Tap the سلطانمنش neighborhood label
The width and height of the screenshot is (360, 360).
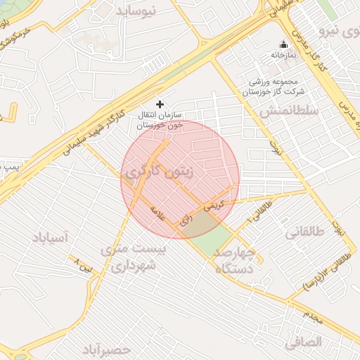click(289, 110)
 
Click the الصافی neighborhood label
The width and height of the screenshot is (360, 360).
click(304, 342)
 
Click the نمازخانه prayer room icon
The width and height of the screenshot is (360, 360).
click(284, 44)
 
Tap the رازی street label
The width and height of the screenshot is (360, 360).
click(186, 220)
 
